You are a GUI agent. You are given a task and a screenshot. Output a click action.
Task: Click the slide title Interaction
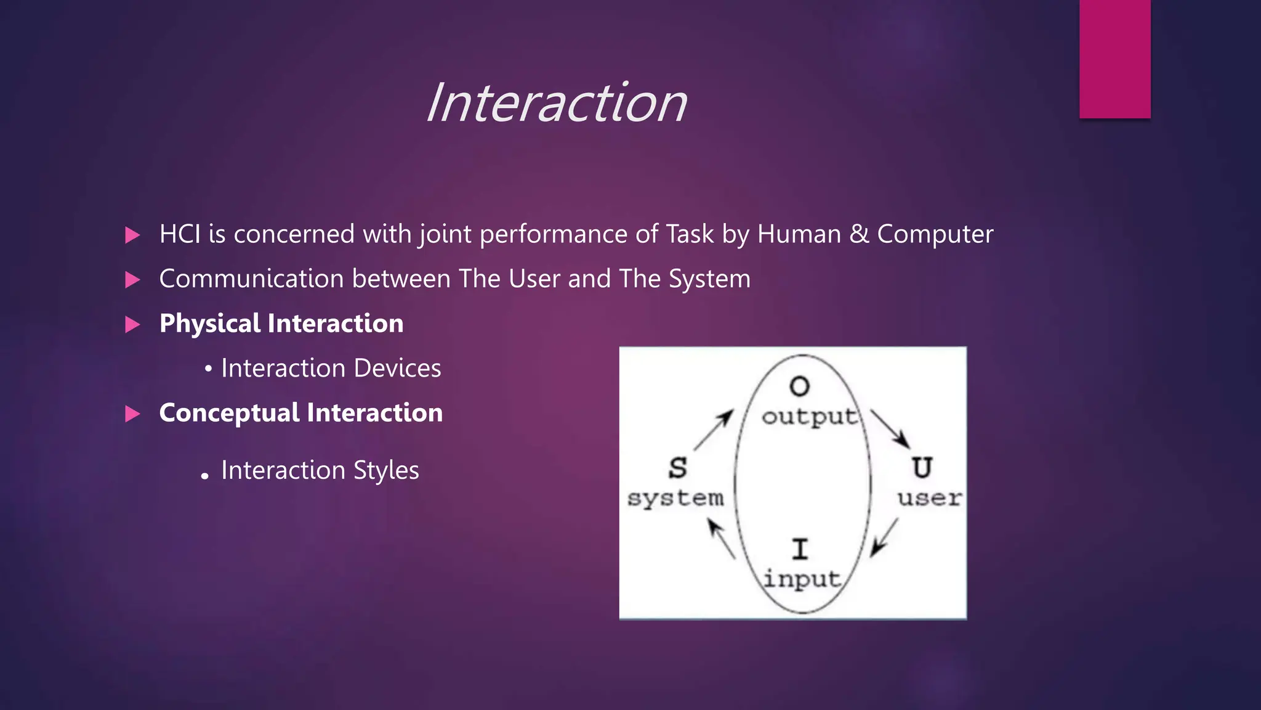pos(556,103)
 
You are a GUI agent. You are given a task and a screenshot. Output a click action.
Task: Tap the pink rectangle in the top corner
pos(1114,59)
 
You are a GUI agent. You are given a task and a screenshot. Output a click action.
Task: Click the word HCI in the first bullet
pos(179,234)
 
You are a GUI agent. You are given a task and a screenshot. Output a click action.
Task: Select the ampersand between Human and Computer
pos(858,234)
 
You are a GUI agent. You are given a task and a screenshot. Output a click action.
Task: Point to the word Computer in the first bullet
pos(935,234)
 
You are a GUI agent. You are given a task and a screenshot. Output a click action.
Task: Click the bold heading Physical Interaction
pos(281,324)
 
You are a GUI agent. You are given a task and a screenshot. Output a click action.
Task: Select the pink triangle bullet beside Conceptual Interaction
pos(132,414)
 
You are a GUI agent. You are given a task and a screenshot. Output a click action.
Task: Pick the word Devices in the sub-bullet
pos(397,368)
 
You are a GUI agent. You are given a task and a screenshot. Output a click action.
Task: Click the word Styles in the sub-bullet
pos(386,470)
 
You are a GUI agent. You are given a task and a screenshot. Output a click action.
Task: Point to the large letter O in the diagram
pos(799,386)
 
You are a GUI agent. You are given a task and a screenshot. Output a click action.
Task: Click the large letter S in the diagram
pos(677,468)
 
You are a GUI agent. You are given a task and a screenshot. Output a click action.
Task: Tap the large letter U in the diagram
pos(922,468)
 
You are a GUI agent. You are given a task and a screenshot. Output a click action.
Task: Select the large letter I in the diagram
pos(800,549)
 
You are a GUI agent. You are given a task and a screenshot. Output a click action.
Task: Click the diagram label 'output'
pos(809,417)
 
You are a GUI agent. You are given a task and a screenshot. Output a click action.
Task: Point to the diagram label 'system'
pos(675,498)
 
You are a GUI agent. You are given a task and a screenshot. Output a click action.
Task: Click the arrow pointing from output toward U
pos(890,429)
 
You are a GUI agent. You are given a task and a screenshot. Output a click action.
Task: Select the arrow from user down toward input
pos(884,537)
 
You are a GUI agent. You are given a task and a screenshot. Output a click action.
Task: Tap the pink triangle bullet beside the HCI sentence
pos(132,235)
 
